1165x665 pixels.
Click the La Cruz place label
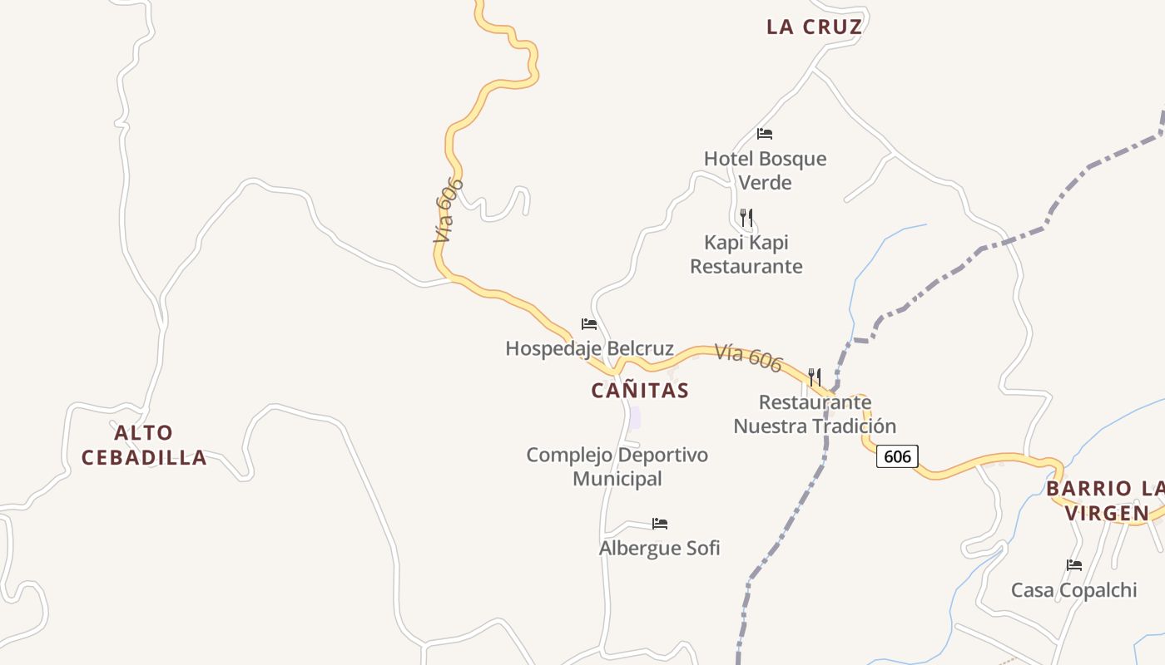click(814, 27)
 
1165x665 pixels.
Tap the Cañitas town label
click(640, 391)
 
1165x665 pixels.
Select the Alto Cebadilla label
click(144, 445)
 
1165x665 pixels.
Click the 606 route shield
click(897, 456)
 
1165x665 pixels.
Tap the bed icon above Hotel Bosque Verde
click(765, 133)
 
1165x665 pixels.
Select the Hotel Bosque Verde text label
click(765, 170)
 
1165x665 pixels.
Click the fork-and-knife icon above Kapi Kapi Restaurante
click(746, 218)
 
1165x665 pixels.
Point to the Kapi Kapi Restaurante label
click(746, 254)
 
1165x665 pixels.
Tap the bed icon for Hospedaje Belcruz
click(589, 324)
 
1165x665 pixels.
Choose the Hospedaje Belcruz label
click(589, 348)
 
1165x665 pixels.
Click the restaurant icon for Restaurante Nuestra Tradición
click(815, 377)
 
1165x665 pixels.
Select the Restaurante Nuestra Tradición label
click(815, 414)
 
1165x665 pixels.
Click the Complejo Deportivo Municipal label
click(617, 466)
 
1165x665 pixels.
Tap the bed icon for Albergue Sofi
click(660, 524)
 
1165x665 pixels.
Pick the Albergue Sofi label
click(659, 548)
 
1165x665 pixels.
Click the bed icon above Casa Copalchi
click(1074, 565)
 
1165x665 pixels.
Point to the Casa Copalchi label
click(1073, 590)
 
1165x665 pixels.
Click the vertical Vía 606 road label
click(448, 209)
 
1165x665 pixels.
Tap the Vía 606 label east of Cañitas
click(749, 357)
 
